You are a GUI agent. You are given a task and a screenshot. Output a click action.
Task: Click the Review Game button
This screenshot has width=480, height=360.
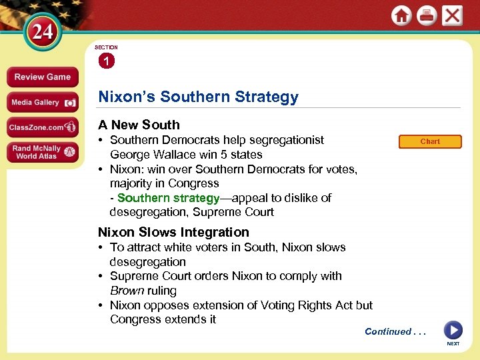42,77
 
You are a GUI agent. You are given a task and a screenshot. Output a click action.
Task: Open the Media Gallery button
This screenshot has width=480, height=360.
42,103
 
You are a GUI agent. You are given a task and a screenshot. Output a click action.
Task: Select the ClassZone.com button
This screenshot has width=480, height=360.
42,127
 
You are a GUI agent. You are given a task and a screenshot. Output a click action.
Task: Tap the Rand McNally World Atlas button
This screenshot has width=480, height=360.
42,153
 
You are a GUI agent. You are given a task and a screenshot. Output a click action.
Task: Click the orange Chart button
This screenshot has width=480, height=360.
430,141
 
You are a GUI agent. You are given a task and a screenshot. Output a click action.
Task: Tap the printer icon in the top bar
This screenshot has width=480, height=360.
427,16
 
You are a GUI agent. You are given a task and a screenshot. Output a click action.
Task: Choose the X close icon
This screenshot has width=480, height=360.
453,16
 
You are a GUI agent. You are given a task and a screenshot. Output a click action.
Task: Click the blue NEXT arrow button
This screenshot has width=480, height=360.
453,330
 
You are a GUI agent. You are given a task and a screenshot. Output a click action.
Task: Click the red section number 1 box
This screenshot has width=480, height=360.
107,61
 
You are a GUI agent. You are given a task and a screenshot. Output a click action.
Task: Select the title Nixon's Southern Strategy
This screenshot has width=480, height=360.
198,97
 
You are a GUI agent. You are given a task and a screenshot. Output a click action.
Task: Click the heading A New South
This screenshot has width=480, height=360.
139,125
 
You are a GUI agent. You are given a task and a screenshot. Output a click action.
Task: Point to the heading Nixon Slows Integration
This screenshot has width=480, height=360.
173,232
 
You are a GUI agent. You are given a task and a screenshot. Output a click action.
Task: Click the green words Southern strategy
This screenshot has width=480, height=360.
168,198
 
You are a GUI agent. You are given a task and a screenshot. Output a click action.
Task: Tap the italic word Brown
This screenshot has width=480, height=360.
126,291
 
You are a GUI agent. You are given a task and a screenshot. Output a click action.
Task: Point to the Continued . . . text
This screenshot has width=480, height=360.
395,331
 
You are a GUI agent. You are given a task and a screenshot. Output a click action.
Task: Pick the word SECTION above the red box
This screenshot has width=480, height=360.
106,47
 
